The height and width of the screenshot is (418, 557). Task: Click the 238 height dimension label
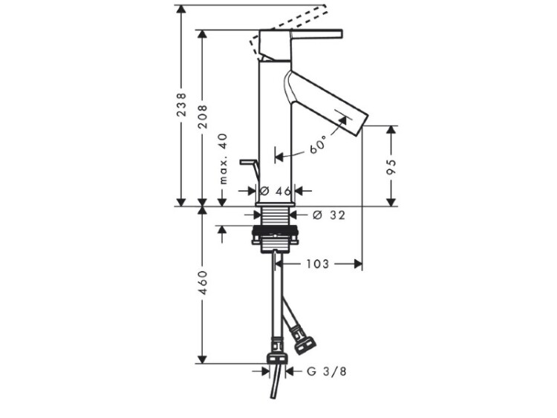point(181,105)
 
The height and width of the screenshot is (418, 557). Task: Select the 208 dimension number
point(203,117)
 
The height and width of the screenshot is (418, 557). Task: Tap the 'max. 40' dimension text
point(223,159)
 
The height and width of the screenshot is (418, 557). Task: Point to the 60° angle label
point(318,144)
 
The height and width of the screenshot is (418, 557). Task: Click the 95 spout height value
point(391,167)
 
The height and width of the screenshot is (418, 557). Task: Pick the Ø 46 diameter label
point(276,191)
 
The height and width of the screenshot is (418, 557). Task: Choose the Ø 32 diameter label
point(329,215)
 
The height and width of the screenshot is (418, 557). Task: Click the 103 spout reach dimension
point(318,264)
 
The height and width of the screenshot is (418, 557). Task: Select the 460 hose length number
point(203,282)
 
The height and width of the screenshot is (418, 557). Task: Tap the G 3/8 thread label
point(327,371)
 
